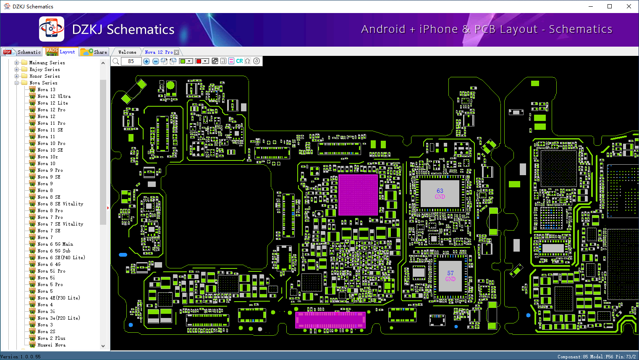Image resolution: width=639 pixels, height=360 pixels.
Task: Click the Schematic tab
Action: (x=22, y=52)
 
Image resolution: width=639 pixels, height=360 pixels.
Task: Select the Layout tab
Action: (x=60, y=52)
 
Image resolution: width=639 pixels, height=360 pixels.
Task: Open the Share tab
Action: (x=94, y=52)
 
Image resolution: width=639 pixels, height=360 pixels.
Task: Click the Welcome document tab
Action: (x=127, y=52)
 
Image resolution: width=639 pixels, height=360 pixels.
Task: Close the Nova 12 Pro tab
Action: (x=177, y=52)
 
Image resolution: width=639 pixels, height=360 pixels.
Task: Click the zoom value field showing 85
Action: (x=131, y=61)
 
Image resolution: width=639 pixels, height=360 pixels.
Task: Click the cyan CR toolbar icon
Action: (x=239, y=61)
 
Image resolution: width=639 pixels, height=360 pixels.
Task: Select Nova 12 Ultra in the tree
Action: (x=54, y=96)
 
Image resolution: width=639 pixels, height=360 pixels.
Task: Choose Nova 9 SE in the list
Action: (x=49, y=177)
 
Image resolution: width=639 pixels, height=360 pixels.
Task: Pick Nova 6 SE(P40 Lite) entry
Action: (x=61, y=258)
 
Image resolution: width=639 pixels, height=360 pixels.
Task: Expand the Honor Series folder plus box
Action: (x=16, y=76)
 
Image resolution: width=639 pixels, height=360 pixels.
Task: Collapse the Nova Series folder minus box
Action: (x=16, y=83)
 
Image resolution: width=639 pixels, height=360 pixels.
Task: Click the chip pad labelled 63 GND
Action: (x=440, y=194)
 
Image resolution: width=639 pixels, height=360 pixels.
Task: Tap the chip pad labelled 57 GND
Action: (x=450, y=276)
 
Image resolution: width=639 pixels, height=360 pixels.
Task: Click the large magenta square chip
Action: (x=358, y=195)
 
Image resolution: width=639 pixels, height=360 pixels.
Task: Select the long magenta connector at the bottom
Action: (x=330, y=320)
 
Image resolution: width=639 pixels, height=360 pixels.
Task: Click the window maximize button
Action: (x=610, y=6)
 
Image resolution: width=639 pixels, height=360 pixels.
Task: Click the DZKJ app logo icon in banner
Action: (x=52, y=29)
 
